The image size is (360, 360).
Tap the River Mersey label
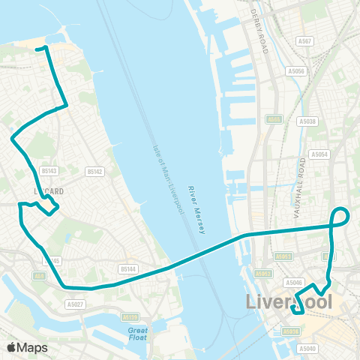point(196,210)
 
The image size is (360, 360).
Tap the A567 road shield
point(304,42)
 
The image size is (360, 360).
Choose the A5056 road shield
point(297,71)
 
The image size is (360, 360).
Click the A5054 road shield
point(320,154)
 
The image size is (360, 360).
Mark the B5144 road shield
point(128,268)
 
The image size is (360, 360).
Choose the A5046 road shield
point(294,283)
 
